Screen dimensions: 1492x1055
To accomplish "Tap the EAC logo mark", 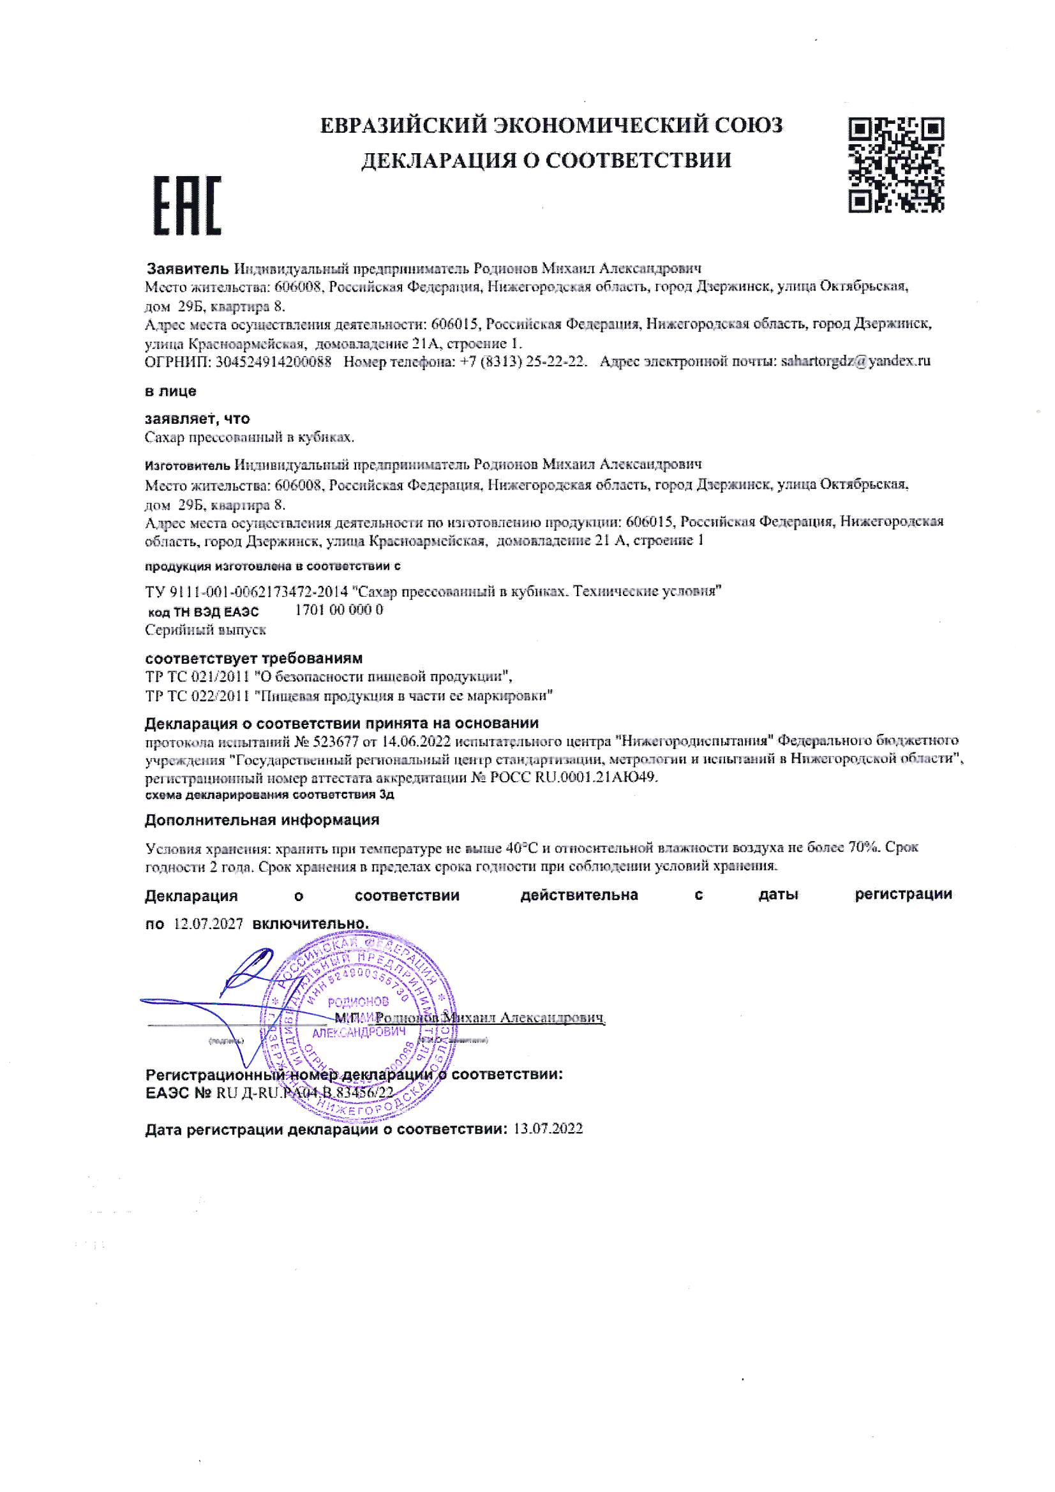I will pyautogui.click(x=187, y=205).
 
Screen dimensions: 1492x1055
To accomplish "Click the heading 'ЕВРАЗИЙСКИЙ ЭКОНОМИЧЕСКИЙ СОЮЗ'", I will pyautogui.click(x=551, y=125).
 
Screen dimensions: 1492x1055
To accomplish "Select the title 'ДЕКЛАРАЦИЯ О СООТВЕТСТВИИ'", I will pyautogui.click(x=546, y=160).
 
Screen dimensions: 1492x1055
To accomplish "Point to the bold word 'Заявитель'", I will pyautogui.click(x=187, y=269).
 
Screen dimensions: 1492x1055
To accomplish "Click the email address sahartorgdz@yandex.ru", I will pyautogui.click(x=855, y=361).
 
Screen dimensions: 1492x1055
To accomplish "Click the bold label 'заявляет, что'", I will pyautogui.click(x=197, y=419).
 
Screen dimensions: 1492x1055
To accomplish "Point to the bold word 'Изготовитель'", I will pyautogui.click(x=187, y=465).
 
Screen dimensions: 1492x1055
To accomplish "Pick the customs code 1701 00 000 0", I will pyautogui.click(x=339, y=610).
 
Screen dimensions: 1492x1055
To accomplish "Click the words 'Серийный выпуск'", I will pyautogui.click(x=206, y=630).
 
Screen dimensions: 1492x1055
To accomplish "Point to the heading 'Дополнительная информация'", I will pyautogui.click(x=261, y=820).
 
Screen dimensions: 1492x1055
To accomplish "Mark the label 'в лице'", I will pyautogui.click(x=170, y=392).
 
